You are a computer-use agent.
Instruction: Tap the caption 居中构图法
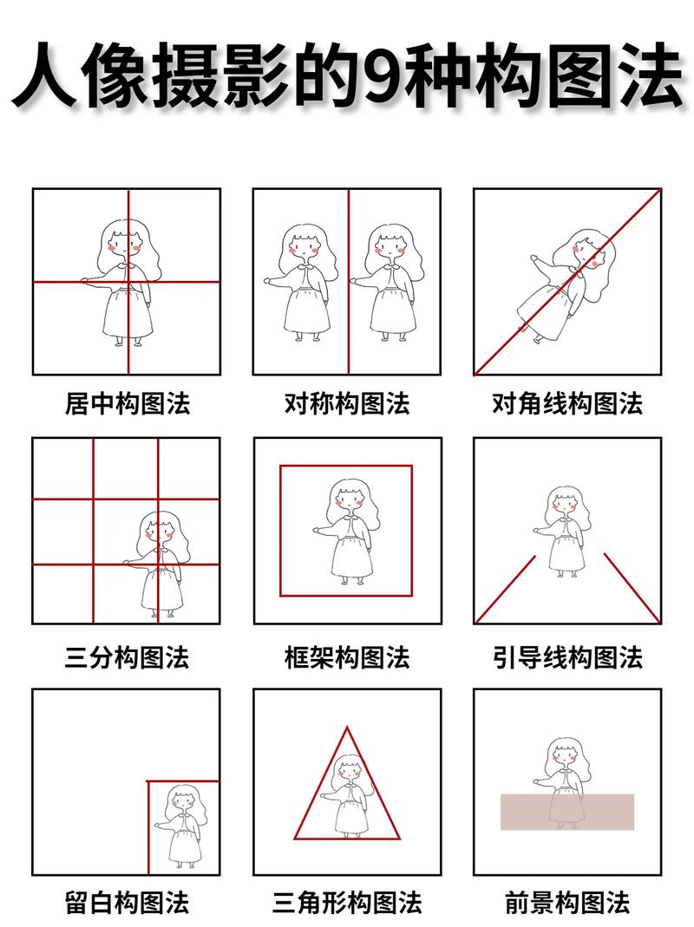[x=127, y=404]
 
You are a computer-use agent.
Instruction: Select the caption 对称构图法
[x=347, y=404]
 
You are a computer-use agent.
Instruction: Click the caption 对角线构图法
[x=567, y=404]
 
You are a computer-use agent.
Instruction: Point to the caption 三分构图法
[x=127, y=656]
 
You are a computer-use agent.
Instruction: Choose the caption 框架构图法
[x=347, y=656]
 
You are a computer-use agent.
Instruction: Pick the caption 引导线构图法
[x=567, y=656]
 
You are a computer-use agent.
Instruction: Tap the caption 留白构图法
[x=127, y=903]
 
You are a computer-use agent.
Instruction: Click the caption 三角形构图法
[x=347, y=903]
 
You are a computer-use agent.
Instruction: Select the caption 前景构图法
[x=567, y=903]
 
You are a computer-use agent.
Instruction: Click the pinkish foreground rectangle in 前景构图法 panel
[x=567, y=812]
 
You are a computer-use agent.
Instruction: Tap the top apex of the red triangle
[x=348, y=728]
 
